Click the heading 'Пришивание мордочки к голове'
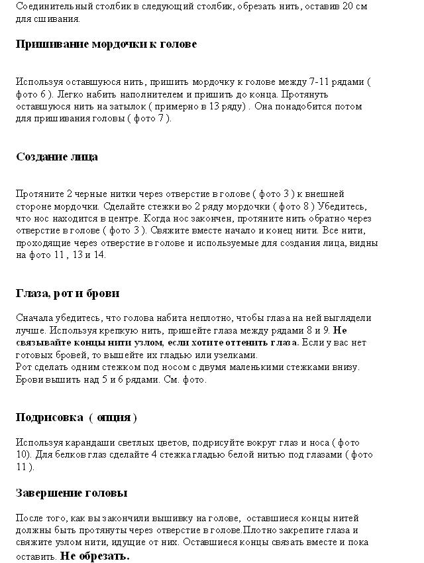tap(106, 44)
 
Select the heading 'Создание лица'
tap(57, 157)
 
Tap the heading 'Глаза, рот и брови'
tap(68, 293)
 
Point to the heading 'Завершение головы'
tap(72, 493)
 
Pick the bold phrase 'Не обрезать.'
tap(95, 556)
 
